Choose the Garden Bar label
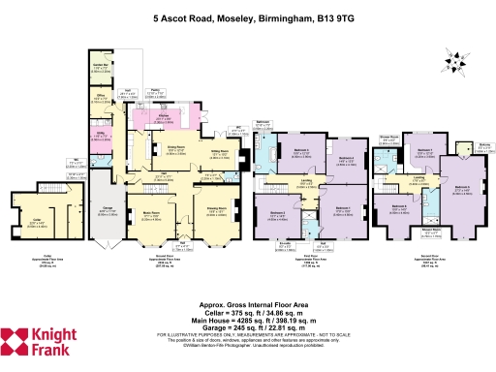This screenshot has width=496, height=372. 100,66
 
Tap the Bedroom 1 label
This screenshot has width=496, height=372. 341,207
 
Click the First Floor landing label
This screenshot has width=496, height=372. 306,182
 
